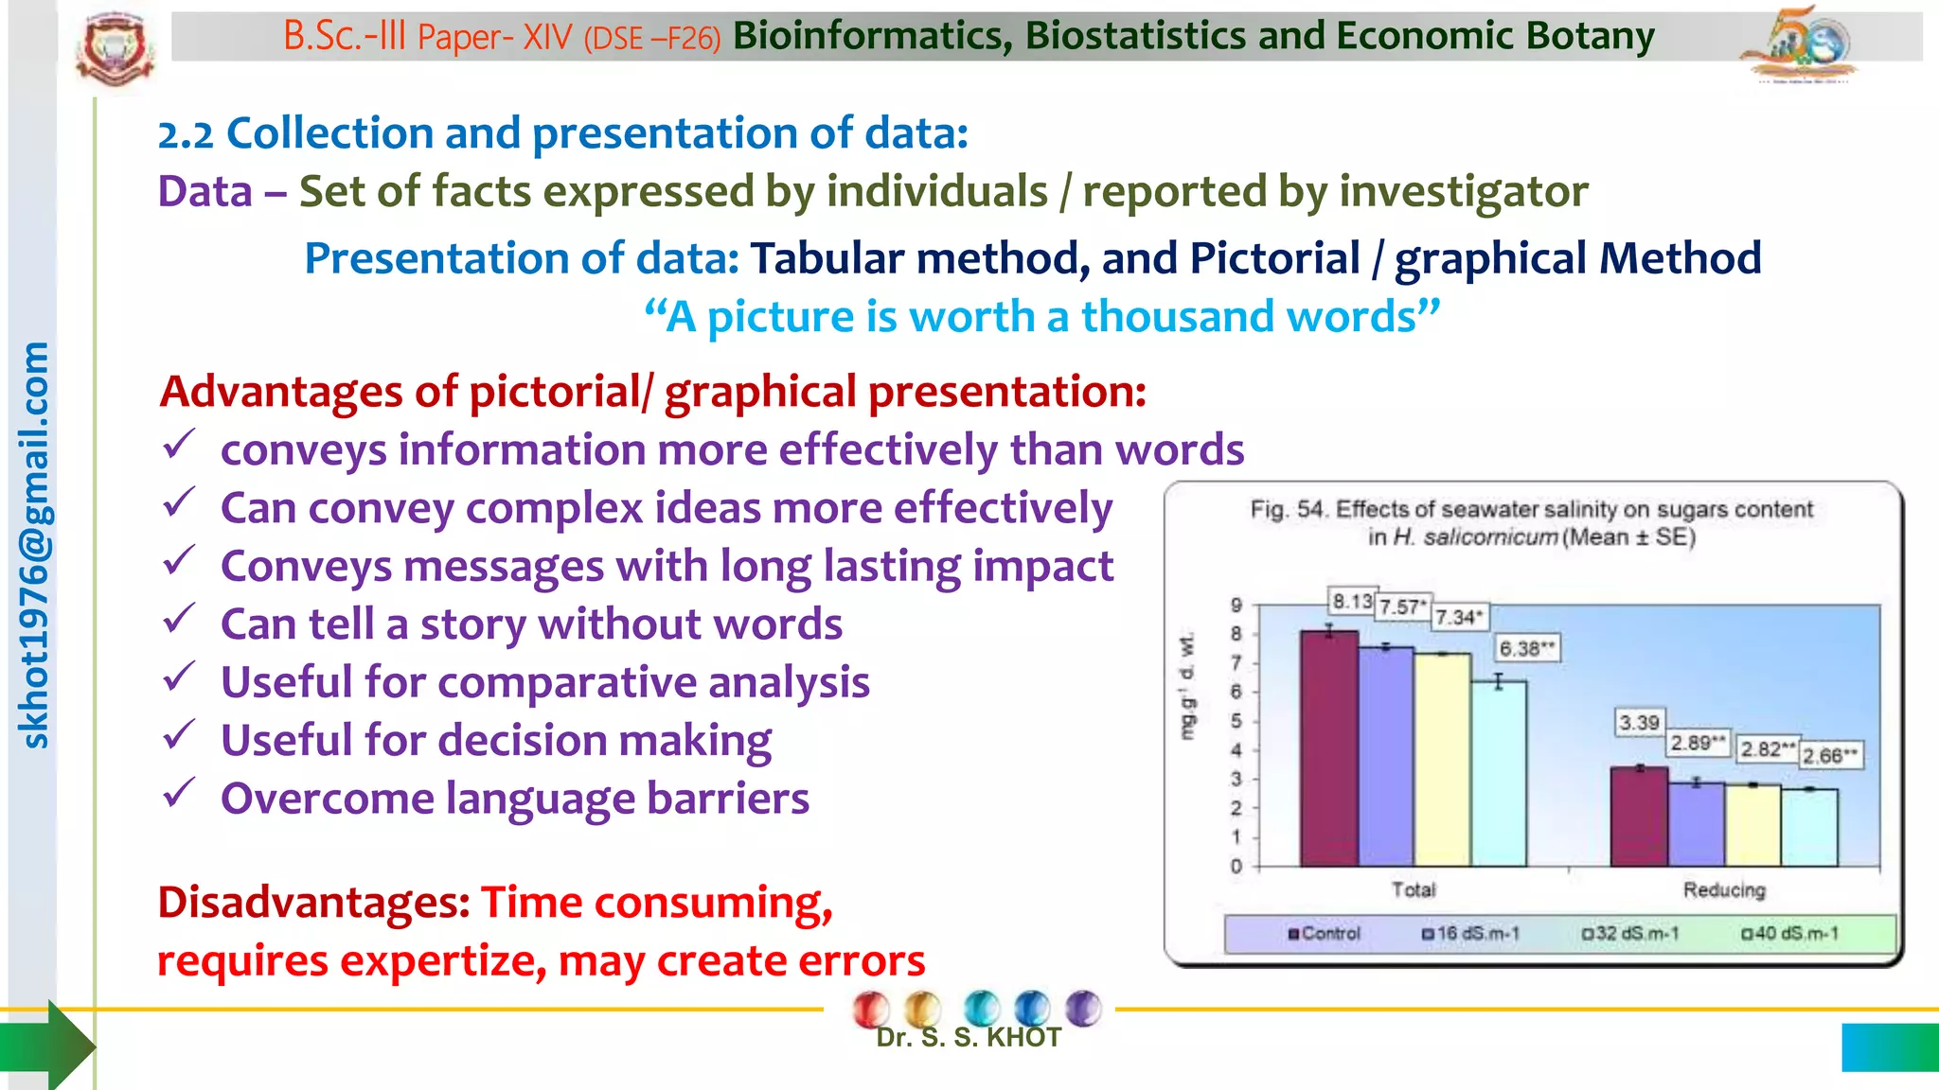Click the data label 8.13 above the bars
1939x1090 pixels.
(x=1352, y=601)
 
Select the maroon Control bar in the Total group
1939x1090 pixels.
(x=1328, y=747)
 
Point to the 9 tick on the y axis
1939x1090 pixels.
(x=1236, y=606)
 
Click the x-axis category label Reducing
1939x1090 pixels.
(x=1723, y=889)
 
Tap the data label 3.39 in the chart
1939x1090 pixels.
(x=1639, y=723)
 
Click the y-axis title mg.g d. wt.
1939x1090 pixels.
(x=1187, y=687)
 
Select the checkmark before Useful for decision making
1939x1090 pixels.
(x=179, y=735)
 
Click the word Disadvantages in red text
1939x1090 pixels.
(x=313, y=902)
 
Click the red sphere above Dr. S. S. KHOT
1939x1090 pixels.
(x=870, y=1009)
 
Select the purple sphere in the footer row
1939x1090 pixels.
(x=1083, y=1008)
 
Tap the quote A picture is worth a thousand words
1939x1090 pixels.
(x=1041, y=317)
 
